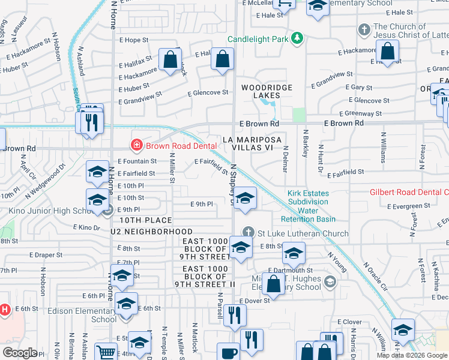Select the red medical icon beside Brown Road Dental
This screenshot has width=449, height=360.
136,145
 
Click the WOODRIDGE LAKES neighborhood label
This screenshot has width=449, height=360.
267,91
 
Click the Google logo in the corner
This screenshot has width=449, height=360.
20,353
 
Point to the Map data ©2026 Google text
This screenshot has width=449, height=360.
412,355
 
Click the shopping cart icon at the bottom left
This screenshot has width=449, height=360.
105,353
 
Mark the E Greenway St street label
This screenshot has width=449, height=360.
360,113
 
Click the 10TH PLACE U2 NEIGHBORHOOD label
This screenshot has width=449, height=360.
151,226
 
